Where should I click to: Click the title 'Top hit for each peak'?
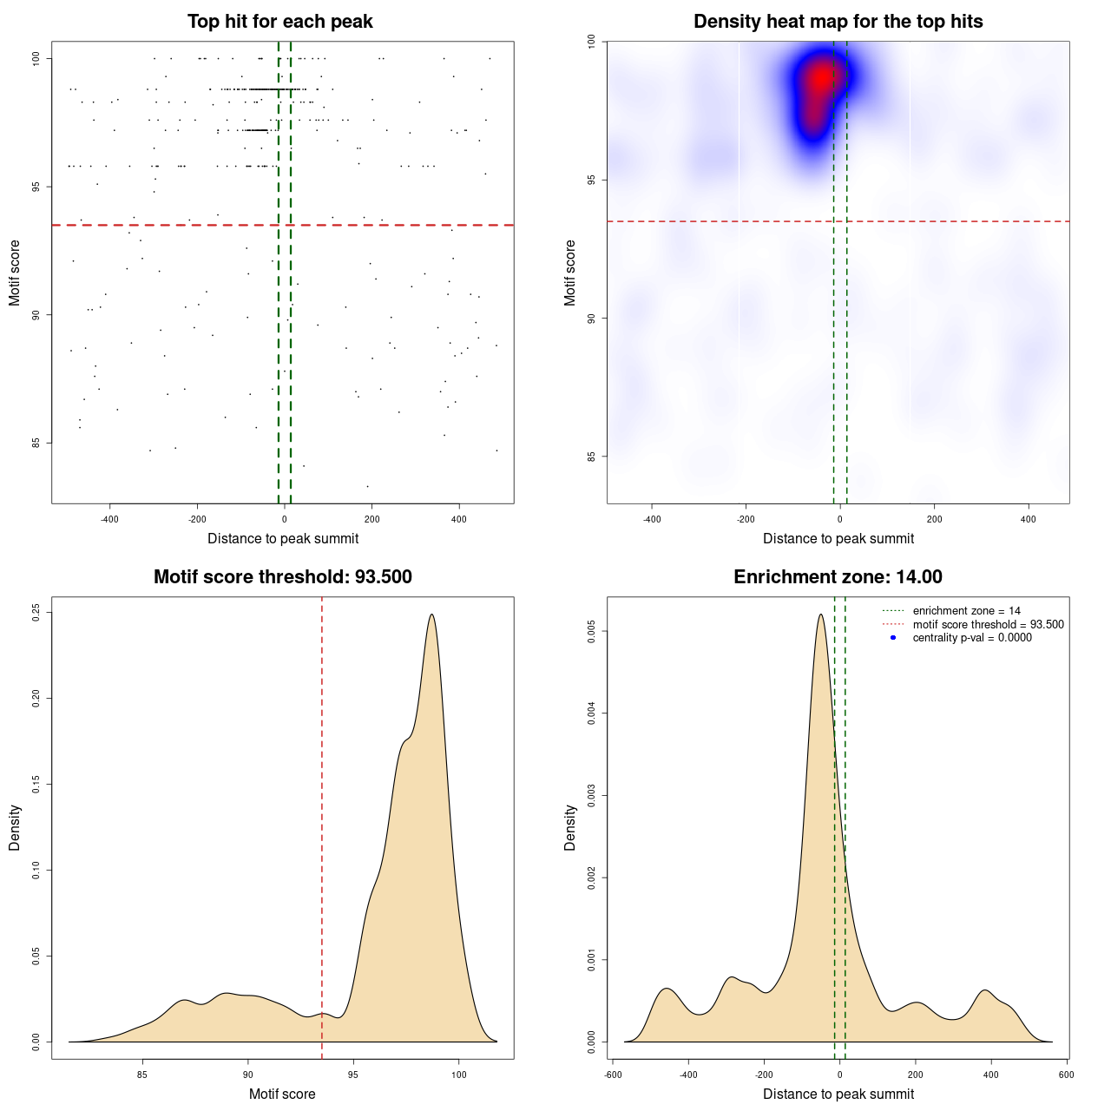[x=279, y=22]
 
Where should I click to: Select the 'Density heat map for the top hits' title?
[x=838, y=22]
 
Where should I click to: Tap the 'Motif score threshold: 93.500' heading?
[x=282, y=577]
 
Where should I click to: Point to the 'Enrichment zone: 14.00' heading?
[x=838, y=577]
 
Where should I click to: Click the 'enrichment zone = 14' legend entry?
[x=966, y=611]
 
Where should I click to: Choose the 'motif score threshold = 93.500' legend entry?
[x=988, y=624]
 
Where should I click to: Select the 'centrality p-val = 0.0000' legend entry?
[x=972, y=637]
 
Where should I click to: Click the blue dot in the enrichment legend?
[x=893, y=637]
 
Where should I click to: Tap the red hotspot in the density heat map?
[x=819, y=82]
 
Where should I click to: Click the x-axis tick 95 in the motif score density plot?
[x=353, y=1075]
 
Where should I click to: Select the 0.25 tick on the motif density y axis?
[x=36, y=613]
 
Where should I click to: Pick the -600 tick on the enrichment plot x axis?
[x=613, y=1075]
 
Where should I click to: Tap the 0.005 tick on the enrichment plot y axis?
[x=592, y=632]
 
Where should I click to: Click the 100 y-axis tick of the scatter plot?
[x=36, y=58]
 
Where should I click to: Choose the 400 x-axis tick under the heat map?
[x=1029, y=519]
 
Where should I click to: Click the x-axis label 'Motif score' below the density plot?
[x=282, y=1094]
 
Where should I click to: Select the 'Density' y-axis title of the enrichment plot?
[x=570, y=827]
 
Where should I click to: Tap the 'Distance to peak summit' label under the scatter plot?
[x=283, y=538]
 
